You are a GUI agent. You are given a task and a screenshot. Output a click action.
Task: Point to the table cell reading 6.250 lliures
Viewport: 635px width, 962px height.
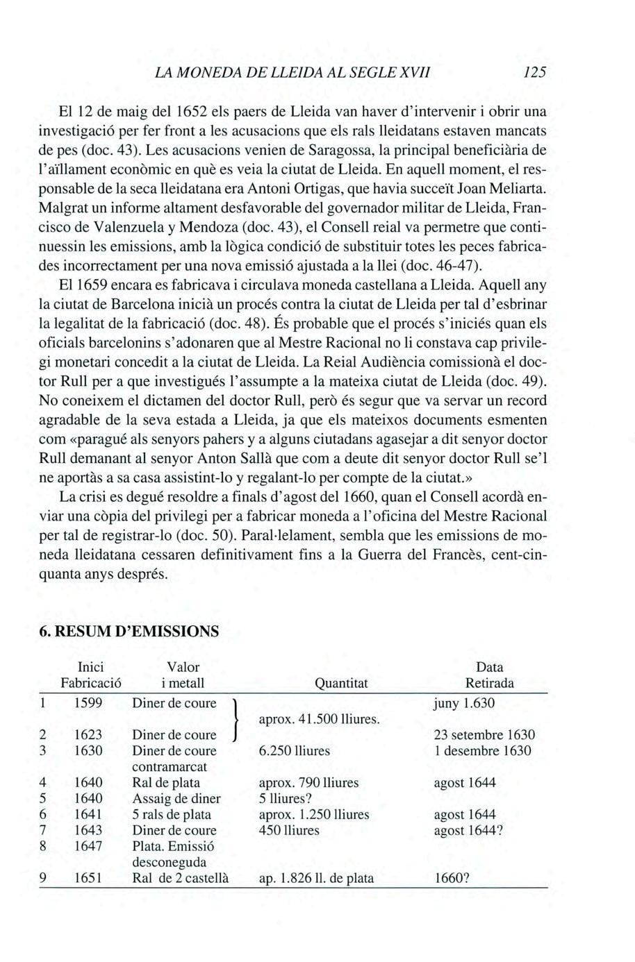(294, 750)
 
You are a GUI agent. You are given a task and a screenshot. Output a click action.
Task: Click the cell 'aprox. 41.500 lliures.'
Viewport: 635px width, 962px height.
(319, 718)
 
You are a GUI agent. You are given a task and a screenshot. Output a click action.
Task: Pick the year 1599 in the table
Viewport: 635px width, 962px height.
(88, 702)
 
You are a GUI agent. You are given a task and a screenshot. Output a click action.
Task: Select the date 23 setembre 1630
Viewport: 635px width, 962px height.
(484, 734)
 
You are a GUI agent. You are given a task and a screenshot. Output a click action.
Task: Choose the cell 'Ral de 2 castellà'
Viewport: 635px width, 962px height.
(181, 878)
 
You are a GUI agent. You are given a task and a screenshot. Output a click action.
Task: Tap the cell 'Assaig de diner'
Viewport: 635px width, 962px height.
(176, 798)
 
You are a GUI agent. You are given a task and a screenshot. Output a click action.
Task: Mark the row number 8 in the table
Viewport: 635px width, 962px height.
(42, 846)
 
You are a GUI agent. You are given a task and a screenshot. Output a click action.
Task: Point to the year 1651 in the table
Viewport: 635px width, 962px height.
(88, 878)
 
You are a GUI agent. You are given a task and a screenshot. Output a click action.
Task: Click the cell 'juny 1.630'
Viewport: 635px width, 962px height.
(463, 702)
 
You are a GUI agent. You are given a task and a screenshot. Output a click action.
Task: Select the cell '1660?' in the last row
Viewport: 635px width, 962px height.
(452, 878)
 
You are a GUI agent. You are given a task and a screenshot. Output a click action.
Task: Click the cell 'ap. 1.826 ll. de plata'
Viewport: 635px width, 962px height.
(316, 878)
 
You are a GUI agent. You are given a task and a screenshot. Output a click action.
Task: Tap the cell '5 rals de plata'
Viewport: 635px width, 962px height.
(171, 814)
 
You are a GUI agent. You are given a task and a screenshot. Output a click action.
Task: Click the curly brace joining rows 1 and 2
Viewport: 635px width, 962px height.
(237, 718)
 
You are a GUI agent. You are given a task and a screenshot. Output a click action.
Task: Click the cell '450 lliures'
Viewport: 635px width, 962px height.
(288, 830)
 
